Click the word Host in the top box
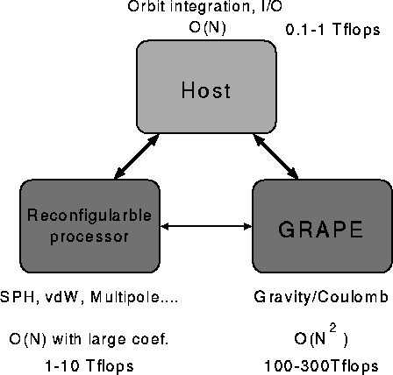[206, 90]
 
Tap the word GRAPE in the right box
[320, 230]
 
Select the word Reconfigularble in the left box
[89, 216]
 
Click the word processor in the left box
[89, 237]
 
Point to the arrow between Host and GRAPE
[275, 156]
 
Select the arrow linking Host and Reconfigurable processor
[137, 156]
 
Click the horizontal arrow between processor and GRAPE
[206, 226]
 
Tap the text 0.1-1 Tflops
[332, 30]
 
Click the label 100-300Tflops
[321, 366]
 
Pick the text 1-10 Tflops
[89, 366]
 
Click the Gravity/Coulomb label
[321, 297]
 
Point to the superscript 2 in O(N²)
[332, 328]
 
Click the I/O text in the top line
[271, 6]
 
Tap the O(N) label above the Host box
[207, 28]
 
